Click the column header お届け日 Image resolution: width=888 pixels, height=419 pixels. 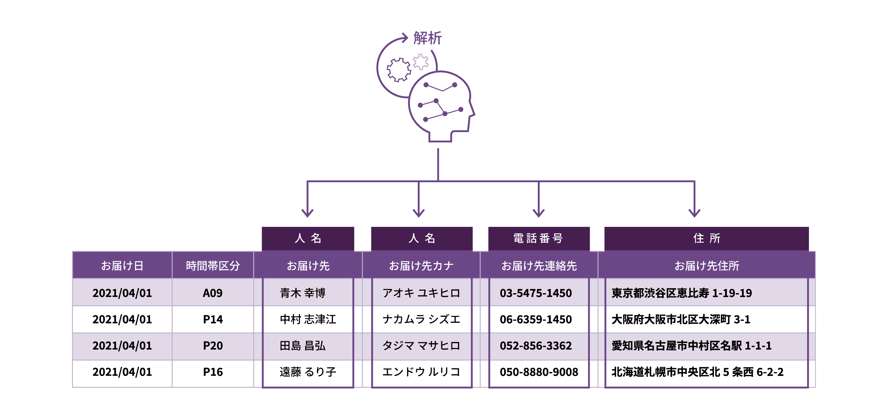(122, 265)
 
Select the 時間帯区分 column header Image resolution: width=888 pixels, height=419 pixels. (213, 265)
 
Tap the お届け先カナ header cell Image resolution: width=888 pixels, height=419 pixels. (421, 265)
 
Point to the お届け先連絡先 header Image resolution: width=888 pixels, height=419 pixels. (539, 265)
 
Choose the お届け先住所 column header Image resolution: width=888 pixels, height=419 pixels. (707, 265)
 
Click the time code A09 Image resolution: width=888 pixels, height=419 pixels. (213, 293)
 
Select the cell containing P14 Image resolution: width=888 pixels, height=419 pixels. (213, 319)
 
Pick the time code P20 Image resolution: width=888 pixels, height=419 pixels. (213, 346)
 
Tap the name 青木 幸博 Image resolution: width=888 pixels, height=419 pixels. (303, 293)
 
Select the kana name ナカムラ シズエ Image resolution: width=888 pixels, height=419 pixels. (421, 319)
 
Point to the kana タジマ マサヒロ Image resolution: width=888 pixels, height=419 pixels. (421, 346)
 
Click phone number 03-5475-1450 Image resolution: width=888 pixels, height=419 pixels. (536, 293)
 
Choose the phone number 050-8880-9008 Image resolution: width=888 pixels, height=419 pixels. (539, 372)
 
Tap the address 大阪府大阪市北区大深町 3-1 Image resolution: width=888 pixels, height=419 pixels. (681, 319)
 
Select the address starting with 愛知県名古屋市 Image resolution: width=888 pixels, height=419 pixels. (692, 346)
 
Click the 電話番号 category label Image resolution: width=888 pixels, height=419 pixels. (538, 238)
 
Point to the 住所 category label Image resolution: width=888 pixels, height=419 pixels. (707, 238)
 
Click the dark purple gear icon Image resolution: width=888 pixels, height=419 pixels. (398, 70)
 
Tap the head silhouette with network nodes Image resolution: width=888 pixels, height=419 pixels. (439, 105)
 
